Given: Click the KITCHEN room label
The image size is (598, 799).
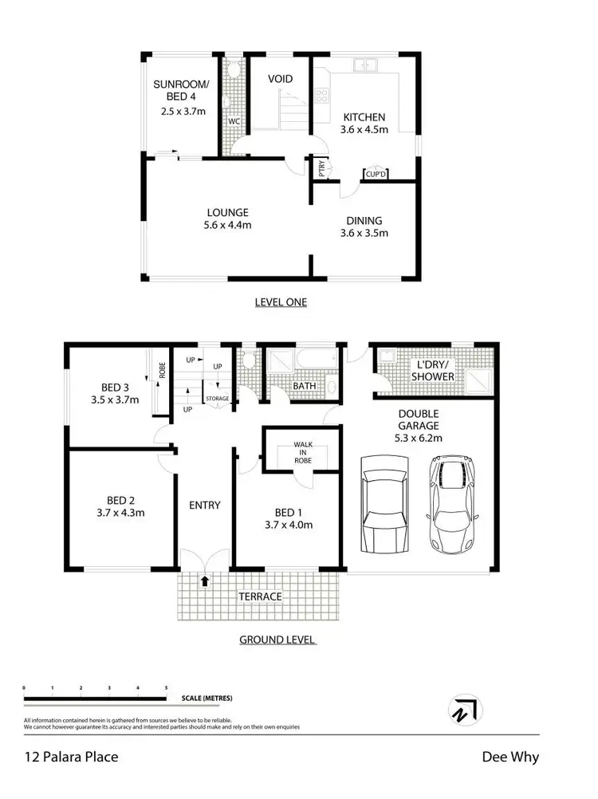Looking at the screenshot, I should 365,116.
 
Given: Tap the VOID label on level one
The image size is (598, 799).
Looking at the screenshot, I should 280,79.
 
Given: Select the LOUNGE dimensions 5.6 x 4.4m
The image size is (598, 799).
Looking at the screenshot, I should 229,226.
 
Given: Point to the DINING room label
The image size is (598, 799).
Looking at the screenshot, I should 364,220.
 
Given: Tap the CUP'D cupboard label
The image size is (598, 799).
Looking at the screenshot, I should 375,173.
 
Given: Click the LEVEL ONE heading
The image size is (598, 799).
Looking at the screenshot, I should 281,302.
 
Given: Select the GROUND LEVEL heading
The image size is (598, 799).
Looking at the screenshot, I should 277,640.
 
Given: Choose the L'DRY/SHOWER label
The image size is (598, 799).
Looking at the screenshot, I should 431,371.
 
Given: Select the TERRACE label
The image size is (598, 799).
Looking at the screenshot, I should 260,596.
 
